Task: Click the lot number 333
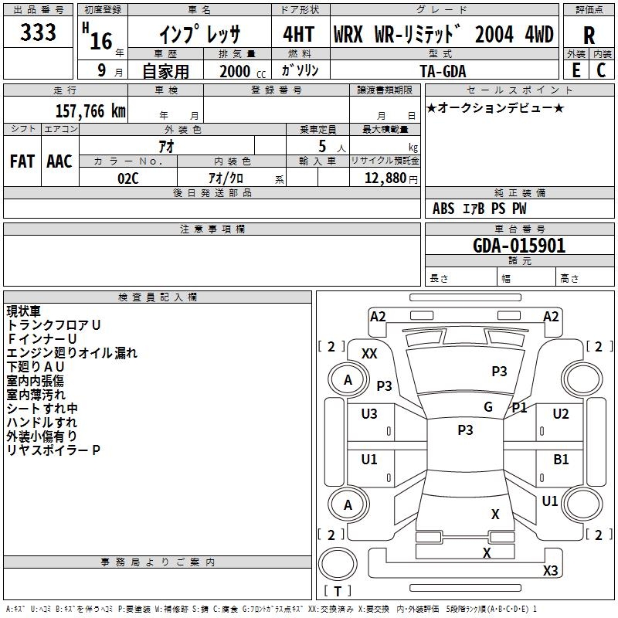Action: click(x=39, y=32)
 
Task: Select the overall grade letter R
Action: click(x=589, y=35)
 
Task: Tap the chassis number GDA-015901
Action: click(x=519, y=246)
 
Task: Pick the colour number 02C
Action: click(x=127, y=178)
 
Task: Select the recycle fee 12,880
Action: click(x=384, y=178)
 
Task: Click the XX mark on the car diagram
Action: click(x=369, y=353)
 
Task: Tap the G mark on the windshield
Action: click(x=488, y=407)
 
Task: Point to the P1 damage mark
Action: click(x=519, y=407)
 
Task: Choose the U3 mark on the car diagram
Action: click(x=369, y=414)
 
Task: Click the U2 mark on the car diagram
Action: click(x=561, y=414)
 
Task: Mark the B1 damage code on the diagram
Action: click(x=561, y=460)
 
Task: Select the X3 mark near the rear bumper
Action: click(x=550, y=571)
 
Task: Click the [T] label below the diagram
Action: click(x=337, y=591)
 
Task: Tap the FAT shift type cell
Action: click(x=22, y=161)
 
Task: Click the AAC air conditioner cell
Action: click(x=59, y=161)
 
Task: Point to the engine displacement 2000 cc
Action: click(x=240, y=71)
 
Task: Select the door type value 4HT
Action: click(x=300, y=34)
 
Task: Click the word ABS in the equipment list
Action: click(x=443, y=209)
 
